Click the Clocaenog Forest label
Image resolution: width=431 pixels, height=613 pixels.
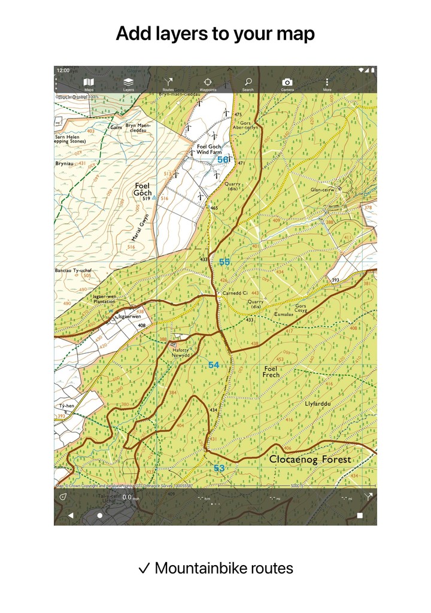pos(310,460)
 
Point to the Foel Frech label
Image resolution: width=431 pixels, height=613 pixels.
pos(271,372)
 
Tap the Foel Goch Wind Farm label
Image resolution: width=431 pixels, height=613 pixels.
pos(210,150)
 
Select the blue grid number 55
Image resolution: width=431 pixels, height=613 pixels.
pos(224,262)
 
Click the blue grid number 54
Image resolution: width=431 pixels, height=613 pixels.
pos(214,365)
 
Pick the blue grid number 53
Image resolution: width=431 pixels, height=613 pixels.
pos(219,468)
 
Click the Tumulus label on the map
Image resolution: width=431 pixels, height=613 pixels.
pos(284,314)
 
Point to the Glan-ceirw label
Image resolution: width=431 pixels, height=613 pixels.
pos(322,190)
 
